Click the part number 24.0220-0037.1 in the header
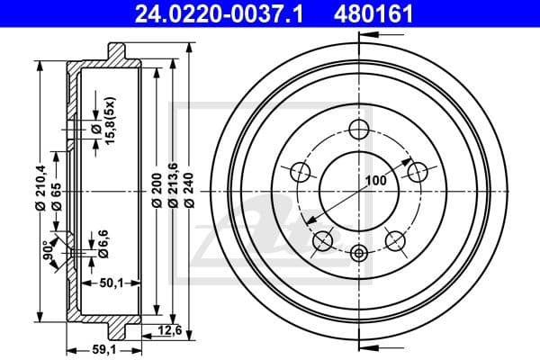pyautogui.click(x=211, y=14)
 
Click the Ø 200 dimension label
pyautogui.click(x=157, y=192)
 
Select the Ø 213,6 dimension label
pyautogui.click(x=173, y=192)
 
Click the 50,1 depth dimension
pyautogui.click(x=112, y=283)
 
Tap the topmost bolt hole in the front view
pyautogui.click(x=359, y=130)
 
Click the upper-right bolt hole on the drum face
pyautogui.click(x=417, y=171)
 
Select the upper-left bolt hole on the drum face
pyautogui.click(x=301, y=171)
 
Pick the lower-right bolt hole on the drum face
pyautogui.click(x=394, y=239)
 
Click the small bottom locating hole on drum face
pyautogui.click(x=359, y=252)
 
